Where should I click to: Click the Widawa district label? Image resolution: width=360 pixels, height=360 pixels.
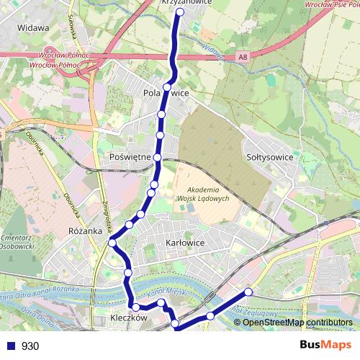click(x=35, y=28)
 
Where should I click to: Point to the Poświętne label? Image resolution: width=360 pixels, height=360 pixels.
click(x=129, y=156)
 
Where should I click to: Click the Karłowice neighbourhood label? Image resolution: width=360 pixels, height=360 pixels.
click(x=185, y=243)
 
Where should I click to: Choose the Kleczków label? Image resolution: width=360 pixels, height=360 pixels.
click(x=130, y=318)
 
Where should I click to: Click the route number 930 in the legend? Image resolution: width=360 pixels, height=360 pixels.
click(x=30, y=346)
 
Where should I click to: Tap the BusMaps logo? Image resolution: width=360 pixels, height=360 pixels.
click(x=320, y=346)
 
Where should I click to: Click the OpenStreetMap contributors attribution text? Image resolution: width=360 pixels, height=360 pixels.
click(x=297, y=323)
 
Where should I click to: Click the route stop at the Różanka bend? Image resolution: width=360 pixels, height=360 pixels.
click(x=112, y=243)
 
